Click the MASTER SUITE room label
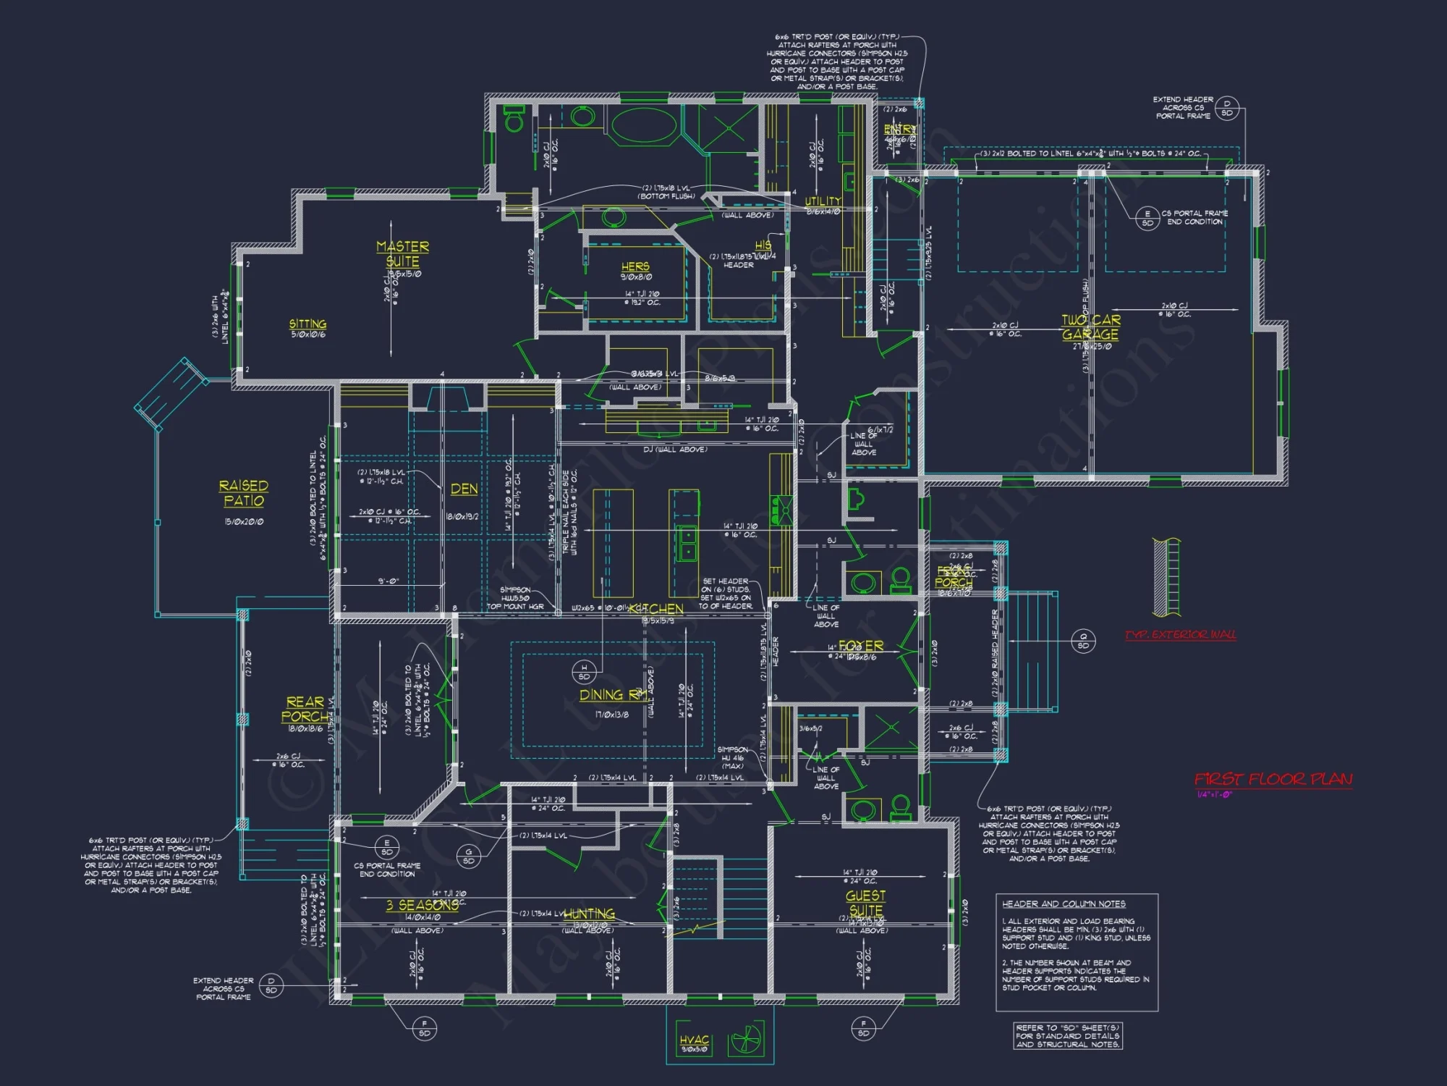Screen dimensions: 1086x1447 coord(402,253)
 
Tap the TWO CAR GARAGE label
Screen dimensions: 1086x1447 coord(1090,327)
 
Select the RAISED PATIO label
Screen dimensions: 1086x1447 coord(244,492)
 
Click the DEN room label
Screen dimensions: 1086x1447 coord(464,489)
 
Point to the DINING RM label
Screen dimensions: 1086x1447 coord(613,695)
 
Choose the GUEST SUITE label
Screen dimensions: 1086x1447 coord(865,903)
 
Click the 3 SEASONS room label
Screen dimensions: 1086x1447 coord(422,906)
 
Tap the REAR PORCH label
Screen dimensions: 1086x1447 coord(305,709)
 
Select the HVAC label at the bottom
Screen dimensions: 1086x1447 coord(694,1040)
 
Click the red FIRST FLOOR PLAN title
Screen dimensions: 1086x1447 coord(1273,779)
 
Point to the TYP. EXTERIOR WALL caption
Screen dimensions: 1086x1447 coord(1180,635)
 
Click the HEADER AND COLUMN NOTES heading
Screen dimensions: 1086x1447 coord(1064,904)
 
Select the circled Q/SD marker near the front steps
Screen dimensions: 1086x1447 coord(1083,641)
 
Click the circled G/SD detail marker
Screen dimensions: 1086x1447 coord(469,856)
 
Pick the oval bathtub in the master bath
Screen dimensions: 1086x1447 coord(644,125)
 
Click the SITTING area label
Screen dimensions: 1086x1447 coord(307,324)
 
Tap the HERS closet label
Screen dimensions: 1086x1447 coord(635,266)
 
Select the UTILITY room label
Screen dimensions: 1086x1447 coord(823,201)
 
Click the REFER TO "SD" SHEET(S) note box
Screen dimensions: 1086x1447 coord(1068,1036)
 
